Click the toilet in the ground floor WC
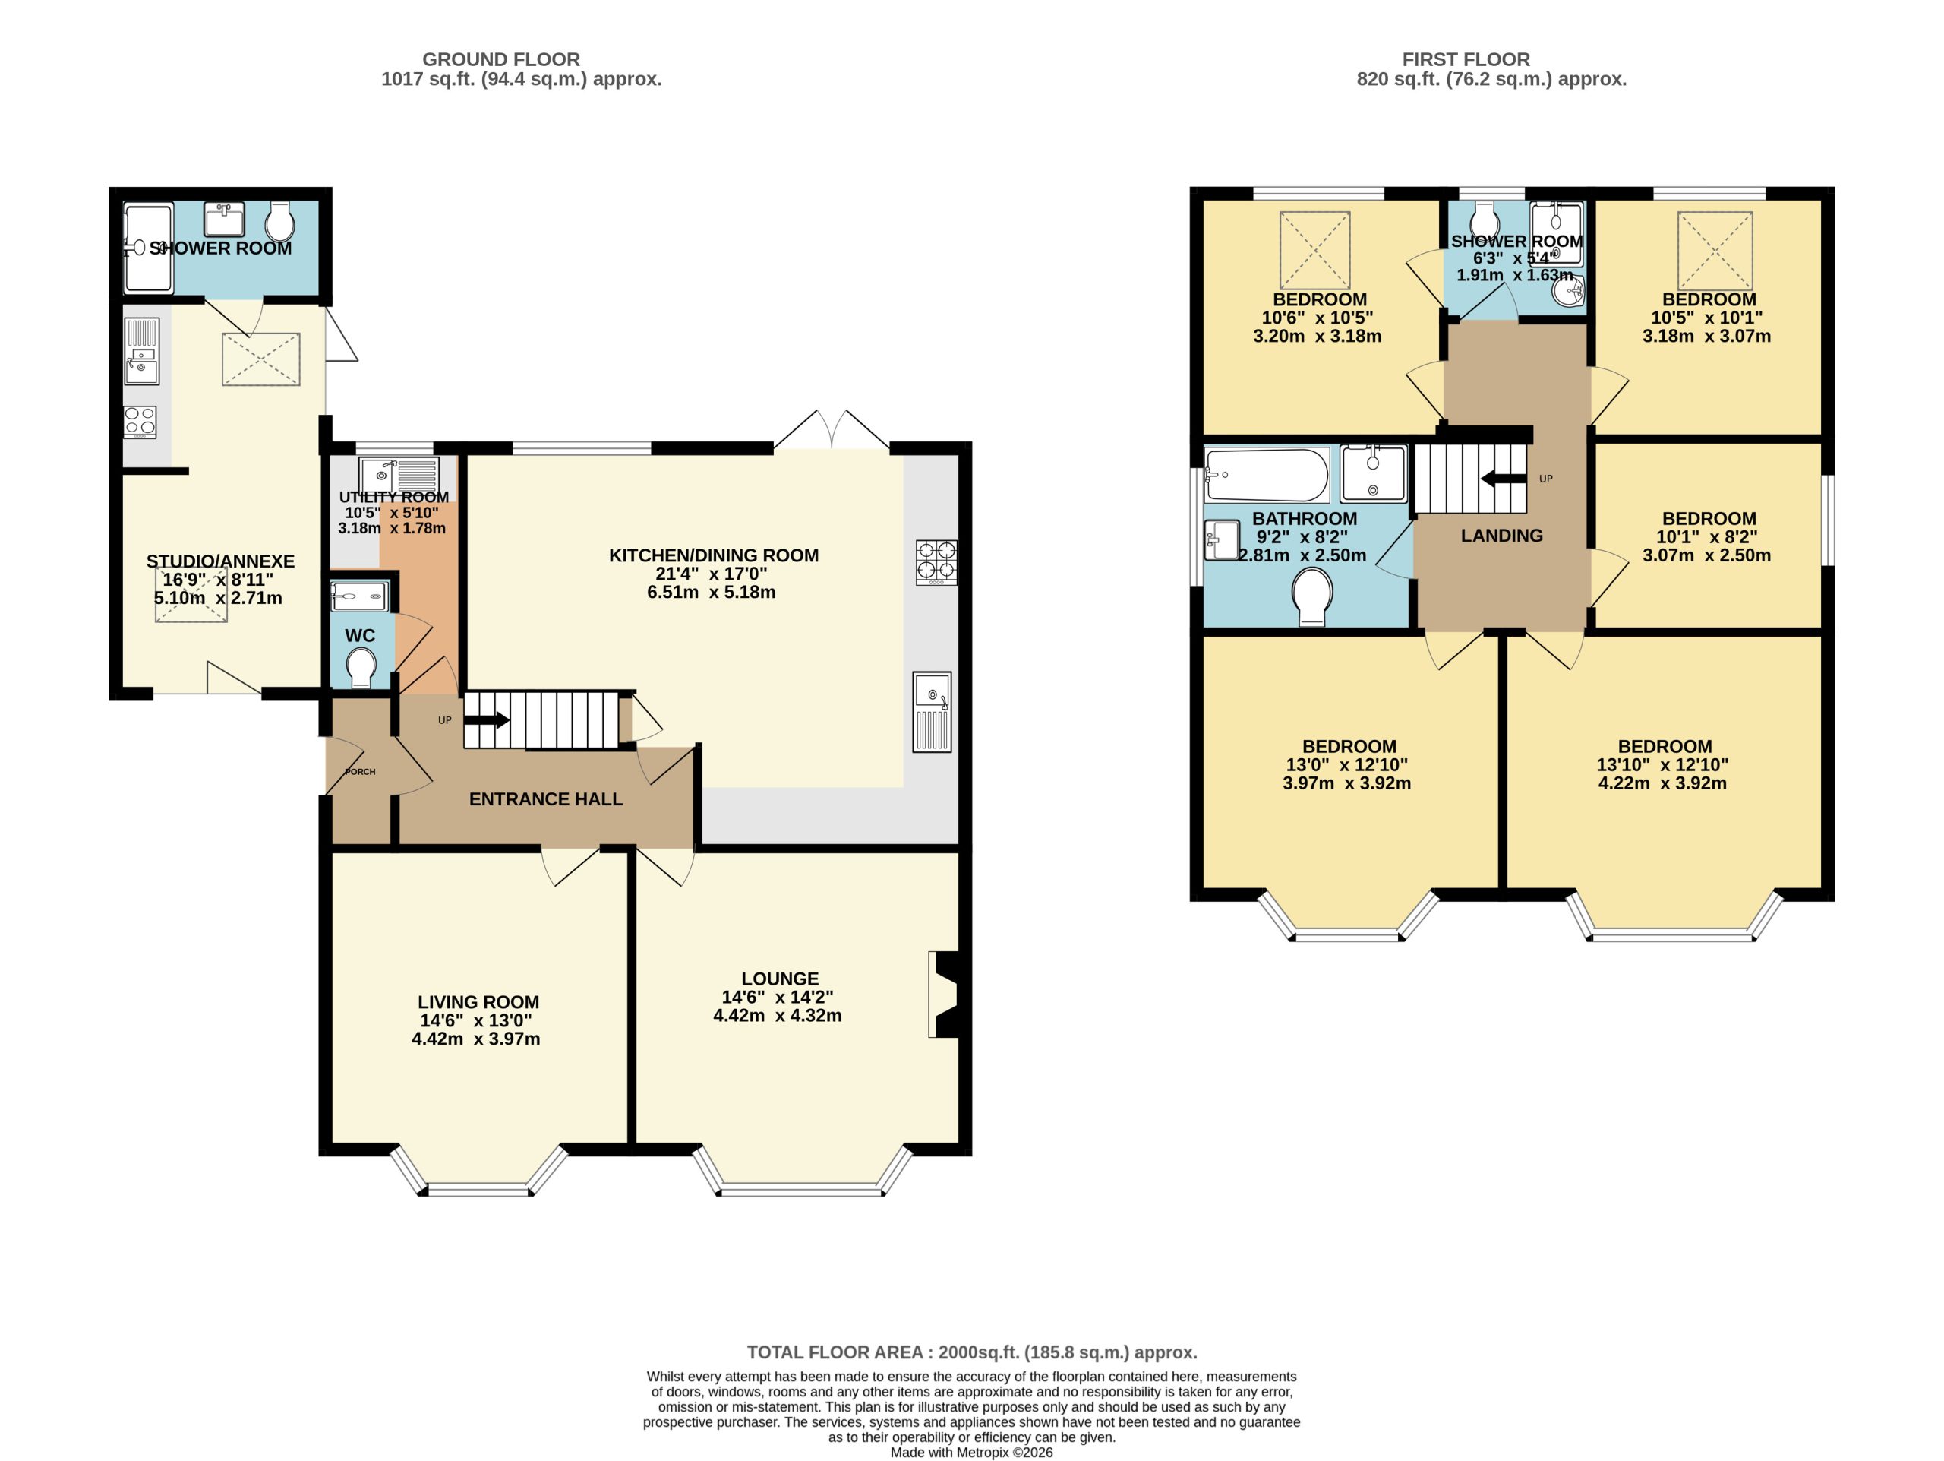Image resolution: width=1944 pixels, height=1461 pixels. (361, 667)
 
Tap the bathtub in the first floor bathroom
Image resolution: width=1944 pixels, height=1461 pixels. (1266, 476)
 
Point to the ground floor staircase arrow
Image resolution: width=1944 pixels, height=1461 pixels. (486, 721)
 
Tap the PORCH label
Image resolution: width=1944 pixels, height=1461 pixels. (361, 772)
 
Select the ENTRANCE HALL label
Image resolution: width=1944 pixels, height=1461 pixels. (546, 799)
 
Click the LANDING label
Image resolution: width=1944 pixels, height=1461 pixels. (1502, 536)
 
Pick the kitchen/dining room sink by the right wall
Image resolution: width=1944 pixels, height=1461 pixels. (932, 712)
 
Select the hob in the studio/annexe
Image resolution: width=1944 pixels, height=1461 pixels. (140, 422)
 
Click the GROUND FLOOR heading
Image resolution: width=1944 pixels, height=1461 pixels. (501, 59)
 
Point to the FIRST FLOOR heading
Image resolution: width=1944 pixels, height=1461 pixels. (1466, 59)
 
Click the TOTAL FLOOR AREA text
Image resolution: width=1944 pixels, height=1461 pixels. (972, 1352)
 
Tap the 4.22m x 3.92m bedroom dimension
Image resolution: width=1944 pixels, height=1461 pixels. (1662, 783)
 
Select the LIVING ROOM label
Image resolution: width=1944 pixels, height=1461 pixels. (478, 1002)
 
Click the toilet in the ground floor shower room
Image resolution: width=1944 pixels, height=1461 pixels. (279, 223)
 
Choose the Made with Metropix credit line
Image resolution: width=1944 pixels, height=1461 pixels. (971, 1452)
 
